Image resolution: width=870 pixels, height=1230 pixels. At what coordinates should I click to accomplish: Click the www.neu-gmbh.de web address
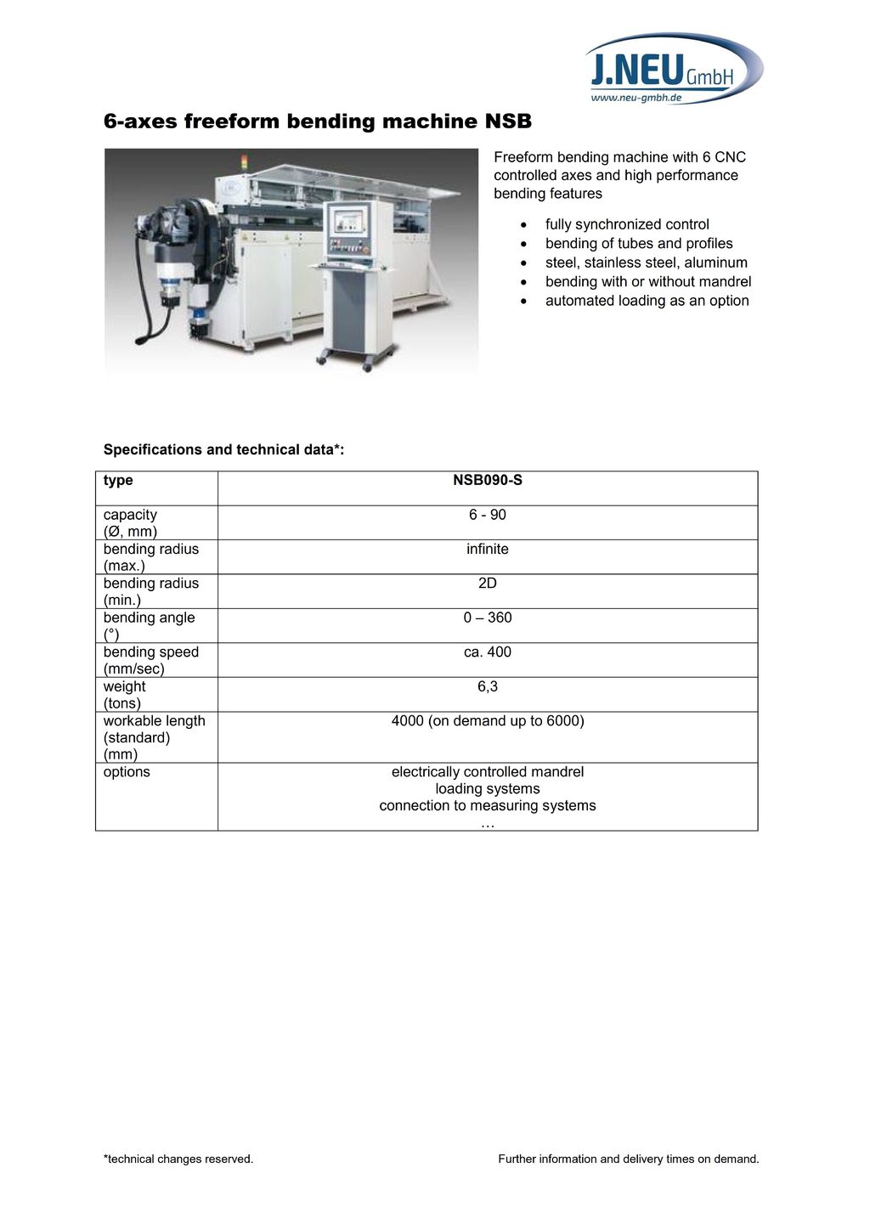pos(636,98)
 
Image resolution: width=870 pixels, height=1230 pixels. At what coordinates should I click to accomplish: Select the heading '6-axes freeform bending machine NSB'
pos(318,121)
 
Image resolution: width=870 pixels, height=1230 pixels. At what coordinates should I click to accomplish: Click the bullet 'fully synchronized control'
pos(627,224)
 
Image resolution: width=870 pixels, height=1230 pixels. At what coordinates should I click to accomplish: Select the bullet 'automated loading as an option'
pos(647,301)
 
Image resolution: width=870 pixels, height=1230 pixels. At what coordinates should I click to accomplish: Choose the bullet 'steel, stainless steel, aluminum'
pos(646,262)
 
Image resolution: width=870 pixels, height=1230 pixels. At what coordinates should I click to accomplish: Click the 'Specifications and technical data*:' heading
pos(223,449)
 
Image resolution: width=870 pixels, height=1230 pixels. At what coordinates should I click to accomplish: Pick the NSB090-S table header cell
pos(488,481)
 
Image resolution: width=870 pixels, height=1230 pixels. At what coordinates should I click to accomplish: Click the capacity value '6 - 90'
pos(488,515)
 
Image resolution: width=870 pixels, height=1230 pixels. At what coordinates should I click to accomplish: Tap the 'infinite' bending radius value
pos(488,550)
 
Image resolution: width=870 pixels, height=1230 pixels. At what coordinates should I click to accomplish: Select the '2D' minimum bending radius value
pos(488,584)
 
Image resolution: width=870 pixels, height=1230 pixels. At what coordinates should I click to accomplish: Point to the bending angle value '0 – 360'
pos(488,618)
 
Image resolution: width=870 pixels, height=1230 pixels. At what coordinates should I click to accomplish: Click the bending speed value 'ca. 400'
pos(488,652)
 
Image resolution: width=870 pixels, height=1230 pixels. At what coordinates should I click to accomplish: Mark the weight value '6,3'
pos(488,686)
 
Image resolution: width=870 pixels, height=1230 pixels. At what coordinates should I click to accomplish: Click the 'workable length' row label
pos(155,721)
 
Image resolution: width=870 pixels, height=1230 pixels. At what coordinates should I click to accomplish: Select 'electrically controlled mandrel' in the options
pos(488,772)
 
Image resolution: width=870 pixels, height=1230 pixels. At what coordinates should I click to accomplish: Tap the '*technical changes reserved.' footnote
pos(178,1159)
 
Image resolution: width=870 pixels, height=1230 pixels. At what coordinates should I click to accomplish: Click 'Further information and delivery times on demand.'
pos(629,1159)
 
